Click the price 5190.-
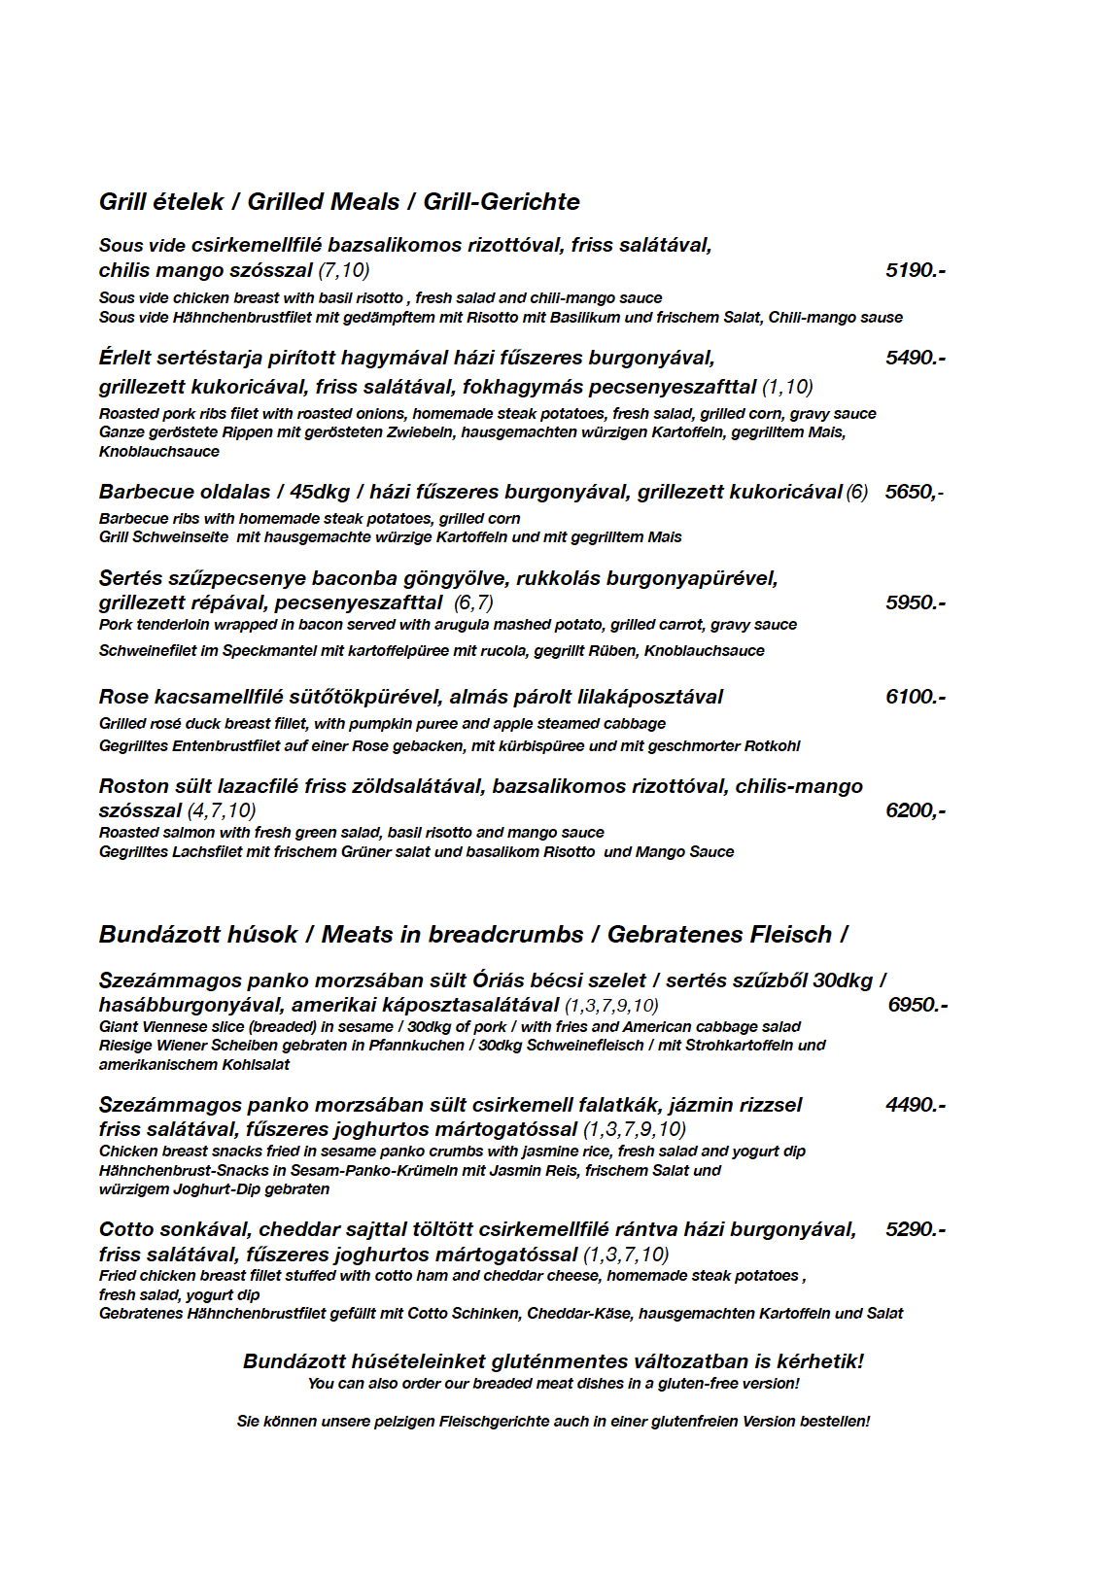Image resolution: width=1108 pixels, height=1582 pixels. click(x=915, y=270)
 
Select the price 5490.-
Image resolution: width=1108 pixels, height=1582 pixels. click(x=915, y=358)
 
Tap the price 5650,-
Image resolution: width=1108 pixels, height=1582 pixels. click(x=914, y=492)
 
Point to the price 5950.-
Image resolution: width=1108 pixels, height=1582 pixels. click(x=915, y=602)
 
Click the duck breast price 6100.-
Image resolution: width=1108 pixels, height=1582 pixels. click(x=915, y=697)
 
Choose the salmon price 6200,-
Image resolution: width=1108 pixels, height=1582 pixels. click(x=915, y=810)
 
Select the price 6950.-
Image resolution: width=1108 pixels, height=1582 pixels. click(x=918, y=1005)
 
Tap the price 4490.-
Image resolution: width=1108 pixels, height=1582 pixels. click(x=915, y=1105)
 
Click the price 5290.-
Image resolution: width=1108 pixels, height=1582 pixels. click(x=915, y=1229)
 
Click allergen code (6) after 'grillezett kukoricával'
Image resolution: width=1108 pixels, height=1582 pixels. click(x=856, y=492)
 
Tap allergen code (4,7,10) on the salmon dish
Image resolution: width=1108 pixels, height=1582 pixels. click(x=221, y=810)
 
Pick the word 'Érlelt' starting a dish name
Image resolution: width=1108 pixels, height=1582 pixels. click(x=126, y=358)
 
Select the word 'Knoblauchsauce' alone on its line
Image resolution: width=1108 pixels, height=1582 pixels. click(x=158, y=451)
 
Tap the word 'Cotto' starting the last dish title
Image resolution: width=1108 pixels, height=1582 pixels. click(x=126, y=1229)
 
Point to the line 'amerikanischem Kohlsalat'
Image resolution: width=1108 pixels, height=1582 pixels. click(x=193, y=1064)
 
